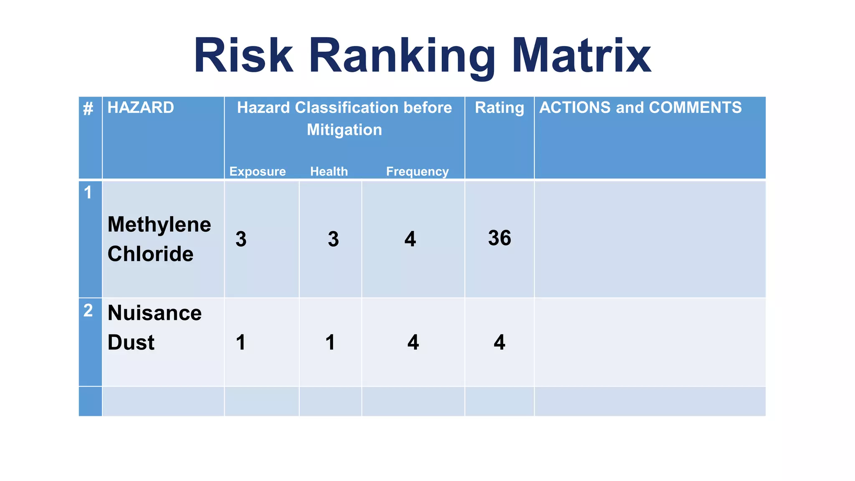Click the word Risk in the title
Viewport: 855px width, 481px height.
point(243,56)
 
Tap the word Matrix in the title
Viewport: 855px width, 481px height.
point(581,56)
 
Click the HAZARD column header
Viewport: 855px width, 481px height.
point(141,108)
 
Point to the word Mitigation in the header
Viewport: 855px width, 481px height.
point(344,130)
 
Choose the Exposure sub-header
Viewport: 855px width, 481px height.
point(258,172)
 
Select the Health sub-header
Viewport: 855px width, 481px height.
point(329,172)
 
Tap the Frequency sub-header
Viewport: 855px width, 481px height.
point(417,172)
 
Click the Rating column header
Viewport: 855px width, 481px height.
point(499,108)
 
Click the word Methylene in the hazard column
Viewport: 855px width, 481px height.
point(159,225)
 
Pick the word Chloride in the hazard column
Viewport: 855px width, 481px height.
point(150,254)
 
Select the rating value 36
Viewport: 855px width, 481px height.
point(499,238)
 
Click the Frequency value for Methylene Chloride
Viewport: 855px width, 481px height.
point(410,239)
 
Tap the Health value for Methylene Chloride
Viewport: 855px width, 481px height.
point(333,239)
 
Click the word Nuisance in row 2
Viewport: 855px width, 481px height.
point(154,313)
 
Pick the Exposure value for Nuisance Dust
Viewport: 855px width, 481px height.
point(240,342)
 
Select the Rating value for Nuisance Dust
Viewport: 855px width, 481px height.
point(499,342)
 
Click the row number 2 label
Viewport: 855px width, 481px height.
point(88,311)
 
